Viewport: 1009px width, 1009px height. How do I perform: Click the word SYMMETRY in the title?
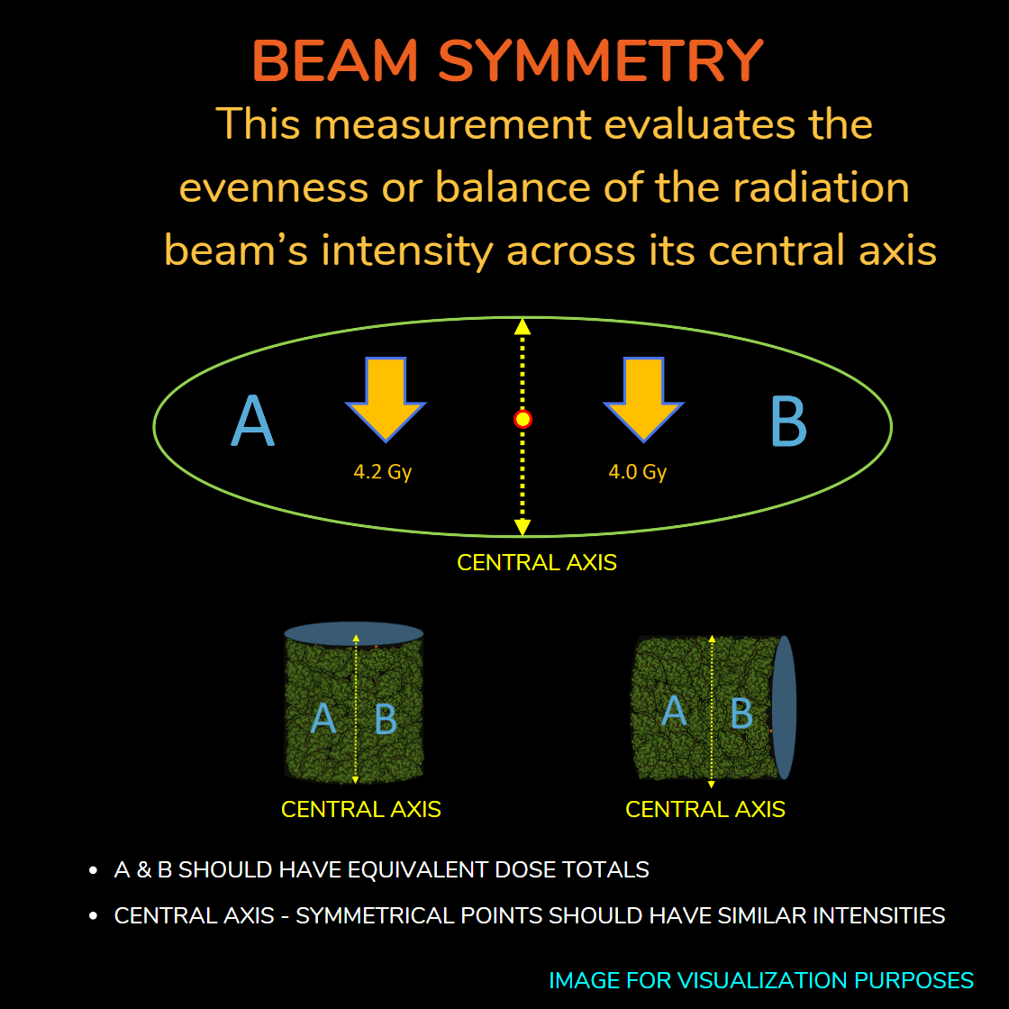tap(600, 60)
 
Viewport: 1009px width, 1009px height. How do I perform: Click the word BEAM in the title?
tap(335, 60)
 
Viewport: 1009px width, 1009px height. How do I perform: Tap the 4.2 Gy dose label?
tap(382, 472)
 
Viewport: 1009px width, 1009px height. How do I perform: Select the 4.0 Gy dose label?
tap(638, 472)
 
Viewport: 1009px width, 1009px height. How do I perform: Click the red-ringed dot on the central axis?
tap(523, 420)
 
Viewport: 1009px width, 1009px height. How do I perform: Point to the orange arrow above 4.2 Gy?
tap(386, 400)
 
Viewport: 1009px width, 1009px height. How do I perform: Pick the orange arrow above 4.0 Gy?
tap(643, 400)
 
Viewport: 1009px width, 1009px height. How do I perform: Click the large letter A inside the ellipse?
tap(252, 421)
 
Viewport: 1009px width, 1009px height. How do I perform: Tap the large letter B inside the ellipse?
tap(789, 421)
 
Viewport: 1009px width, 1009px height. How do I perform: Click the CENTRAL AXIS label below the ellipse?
tap(537, 562)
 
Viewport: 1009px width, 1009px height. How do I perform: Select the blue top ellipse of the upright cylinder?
tap(354, 633)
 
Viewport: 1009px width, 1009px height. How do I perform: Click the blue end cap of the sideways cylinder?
tap(784, 707)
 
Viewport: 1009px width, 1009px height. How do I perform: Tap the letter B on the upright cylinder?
tap(386, 719)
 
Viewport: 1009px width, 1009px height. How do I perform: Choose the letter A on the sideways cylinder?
tap(674, 711)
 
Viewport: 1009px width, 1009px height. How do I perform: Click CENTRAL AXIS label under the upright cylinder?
tap(361, 809)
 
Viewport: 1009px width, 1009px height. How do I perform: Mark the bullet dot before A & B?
tap(94, 870)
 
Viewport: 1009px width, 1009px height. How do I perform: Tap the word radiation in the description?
tap(821, 187)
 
